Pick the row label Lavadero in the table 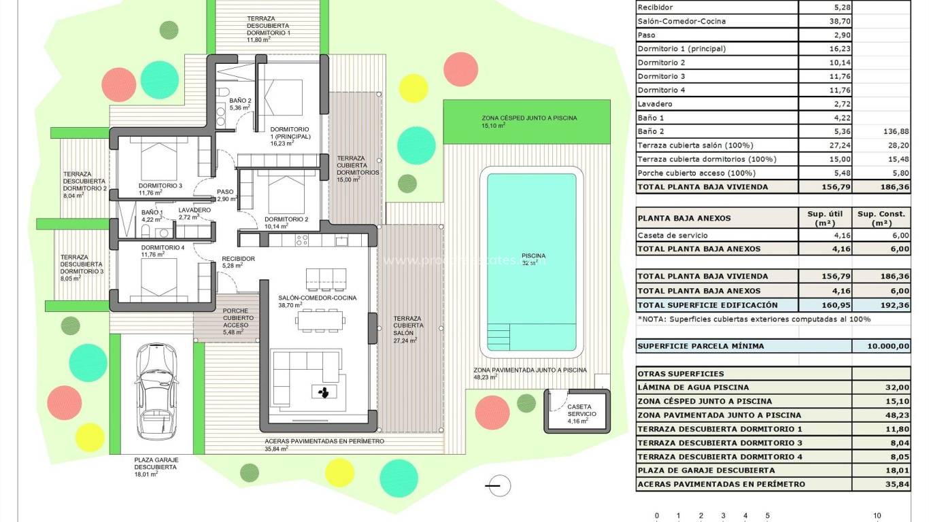pos(655,104)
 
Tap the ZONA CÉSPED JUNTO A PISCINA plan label pos(529,121)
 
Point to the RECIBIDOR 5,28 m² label pos(238,262)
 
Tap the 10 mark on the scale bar pos(877,516)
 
